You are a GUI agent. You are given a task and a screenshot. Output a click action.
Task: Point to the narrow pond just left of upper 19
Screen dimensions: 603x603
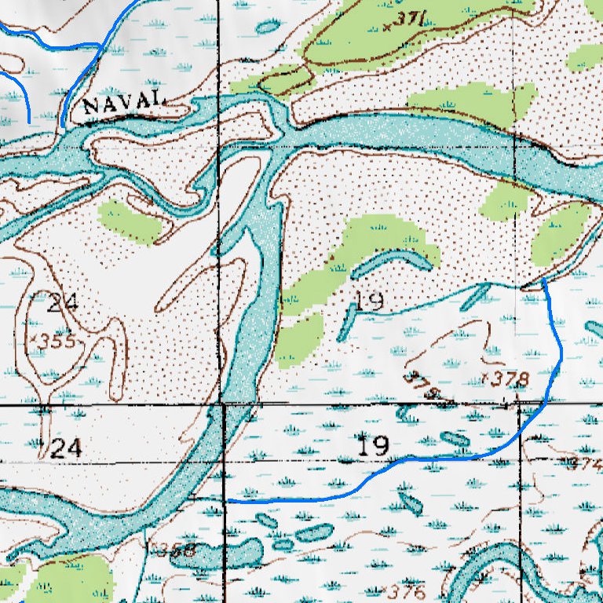345,323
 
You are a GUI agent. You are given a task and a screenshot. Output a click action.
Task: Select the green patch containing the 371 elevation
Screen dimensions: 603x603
369,31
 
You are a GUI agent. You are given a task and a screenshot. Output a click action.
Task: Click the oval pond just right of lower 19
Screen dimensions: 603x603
455,439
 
